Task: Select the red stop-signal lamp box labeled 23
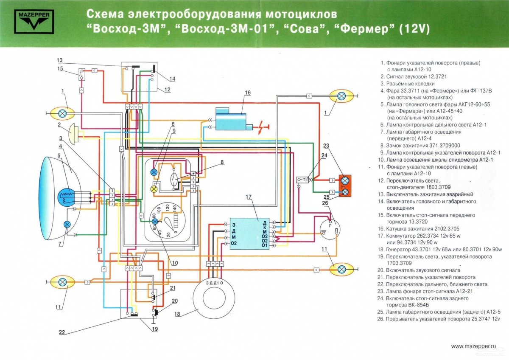(345, 186)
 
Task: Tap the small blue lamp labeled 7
(67, 225)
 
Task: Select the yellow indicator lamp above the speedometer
(154, 188)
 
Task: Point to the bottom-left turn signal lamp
(62, 281)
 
